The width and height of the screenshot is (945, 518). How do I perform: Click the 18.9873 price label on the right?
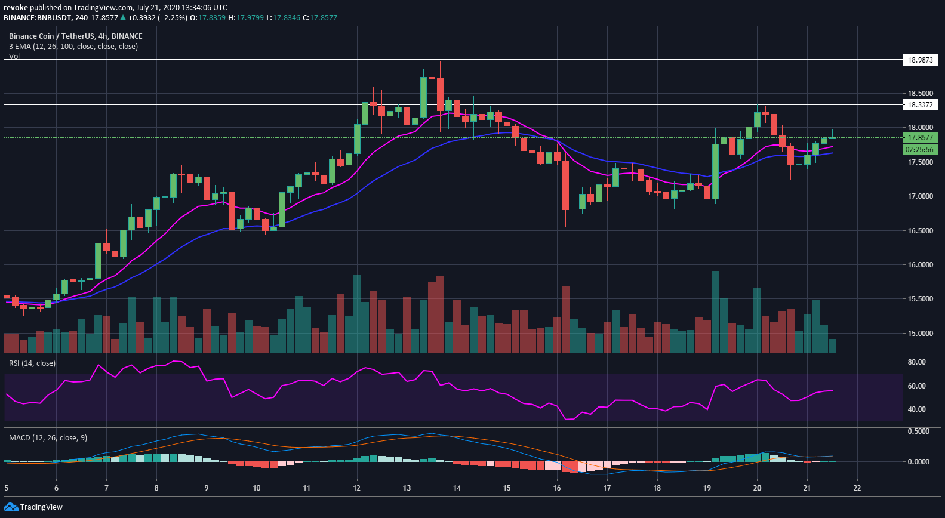tap(920, 60)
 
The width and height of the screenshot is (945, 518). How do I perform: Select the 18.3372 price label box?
tap(920, 105)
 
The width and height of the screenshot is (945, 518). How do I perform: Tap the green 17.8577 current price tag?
tap(920, 138)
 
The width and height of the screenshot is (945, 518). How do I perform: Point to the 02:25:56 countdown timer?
tap(920, 150)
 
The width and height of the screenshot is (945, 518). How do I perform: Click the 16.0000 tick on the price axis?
tap(920, 265)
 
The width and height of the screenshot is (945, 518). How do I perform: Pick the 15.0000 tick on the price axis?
tap(920, 334)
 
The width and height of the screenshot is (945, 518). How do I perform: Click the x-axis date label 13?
tap(407, 488)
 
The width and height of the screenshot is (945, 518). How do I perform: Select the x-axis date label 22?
tap(857, 488)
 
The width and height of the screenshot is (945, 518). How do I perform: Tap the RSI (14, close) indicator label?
tap(32, 363)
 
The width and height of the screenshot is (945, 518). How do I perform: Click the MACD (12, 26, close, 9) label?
tap(48, 438)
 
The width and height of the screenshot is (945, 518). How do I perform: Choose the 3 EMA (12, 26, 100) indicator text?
tap(73, 47)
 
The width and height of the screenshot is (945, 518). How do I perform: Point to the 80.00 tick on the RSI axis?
tap(916, 362)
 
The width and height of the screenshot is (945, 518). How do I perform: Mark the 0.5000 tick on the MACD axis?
tap(918, 431)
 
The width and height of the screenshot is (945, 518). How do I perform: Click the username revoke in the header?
tap(16, 8)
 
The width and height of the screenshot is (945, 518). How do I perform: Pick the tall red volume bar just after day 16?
tap(565, 319)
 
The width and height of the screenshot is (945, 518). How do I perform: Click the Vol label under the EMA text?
tap(14, 57)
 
